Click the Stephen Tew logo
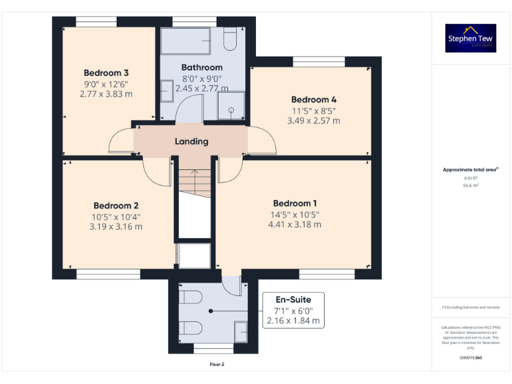[471, 38]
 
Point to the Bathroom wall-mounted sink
[167, 90]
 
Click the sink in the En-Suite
[239, 331]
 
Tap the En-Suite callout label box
[293, 310]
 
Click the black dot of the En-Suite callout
[211, 311]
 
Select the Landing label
[191, 141]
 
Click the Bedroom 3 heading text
[106, 73]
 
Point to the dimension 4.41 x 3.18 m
[294, 225]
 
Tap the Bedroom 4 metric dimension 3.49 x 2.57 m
[313, 121]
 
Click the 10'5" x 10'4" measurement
[116, 217]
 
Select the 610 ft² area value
[471, 179]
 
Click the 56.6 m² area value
[471, 186]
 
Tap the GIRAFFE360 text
[471, 359]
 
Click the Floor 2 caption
[217, 365]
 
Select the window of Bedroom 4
[319, 61]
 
